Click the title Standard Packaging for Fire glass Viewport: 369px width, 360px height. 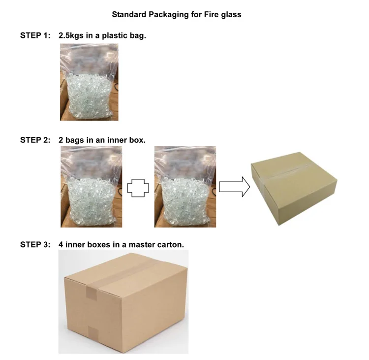coord(177,15)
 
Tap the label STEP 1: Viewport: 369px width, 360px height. coord(35,35)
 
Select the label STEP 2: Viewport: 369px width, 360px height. coord(35,140)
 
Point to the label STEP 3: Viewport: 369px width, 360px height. coord(35,245)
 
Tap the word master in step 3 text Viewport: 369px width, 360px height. coord(142,245)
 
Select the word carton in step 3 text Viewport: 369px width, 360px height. coord(170,245)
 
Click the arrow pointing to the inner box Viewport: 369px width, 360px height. coord(234,187)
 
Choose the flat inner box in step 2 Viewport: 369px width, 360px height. coord(294,189)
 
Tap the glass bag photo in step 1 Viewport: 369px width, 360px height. coord(89,82)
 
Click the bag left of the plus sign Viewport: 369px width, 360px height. coord(92,187)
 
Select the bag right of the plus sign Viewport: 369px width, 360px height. coord(185,187)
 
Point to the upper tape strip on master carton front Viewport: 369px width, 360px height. coord(92,294)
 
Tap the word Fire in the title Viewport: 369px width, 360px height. coord(212,14)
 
